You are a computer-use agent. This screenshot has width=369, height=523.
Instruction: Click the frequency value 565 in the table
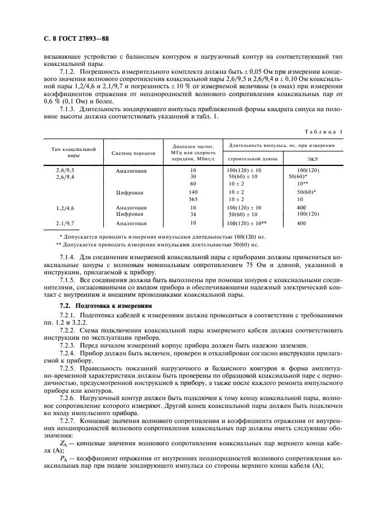tap(193, 199)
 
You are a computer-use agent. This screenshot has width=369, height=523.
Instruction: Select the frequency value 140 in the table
tap(193, 192)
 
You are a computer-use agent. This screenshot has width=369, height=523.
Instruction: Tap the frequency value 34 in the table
tap(193, 214)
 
